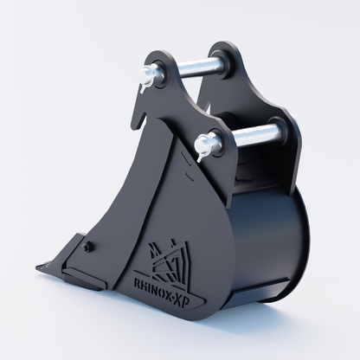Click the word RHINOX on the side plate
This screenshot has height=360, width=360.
(155, 287)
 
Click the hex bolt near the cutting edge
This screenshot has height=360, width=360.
(87, 247)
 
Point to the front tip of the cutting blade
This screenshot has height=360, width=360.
(37, 267)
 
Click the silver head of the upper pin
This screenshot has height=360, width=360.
(146, 76)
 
